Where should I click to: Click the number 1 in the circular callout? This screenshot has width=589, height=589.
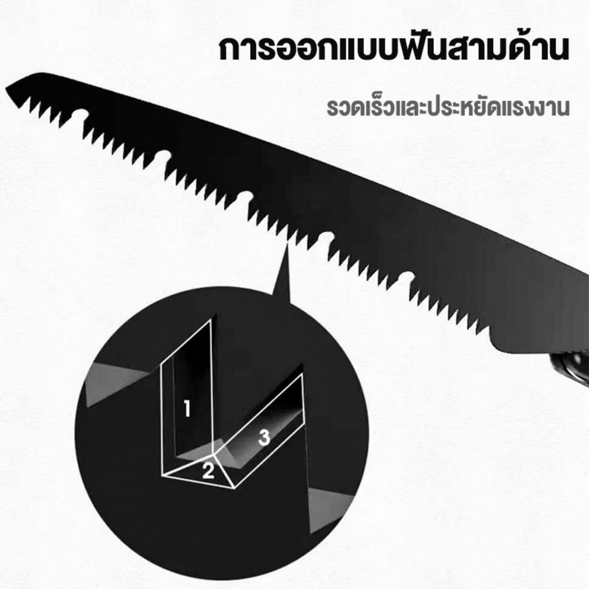point(187,408)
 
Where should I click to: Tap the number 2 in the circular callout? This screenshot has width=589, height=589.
point(208,471)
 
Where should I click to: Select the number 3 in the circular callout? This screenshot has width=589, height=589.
point(265,438)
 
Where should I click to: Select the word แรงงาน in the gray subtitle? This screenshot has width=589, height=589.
point(531,108)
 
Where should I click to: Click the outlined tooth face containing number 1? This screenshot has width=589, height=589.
point(188,398)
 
